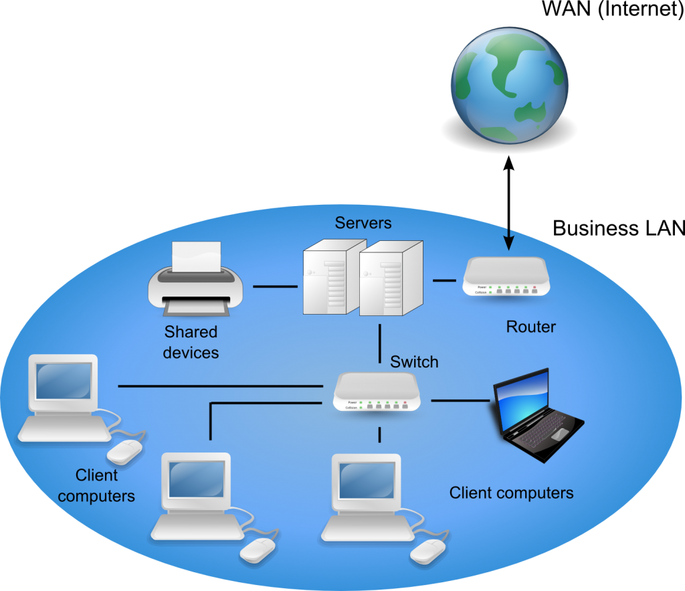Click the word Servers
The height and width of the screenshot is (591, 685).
(x=363, y=223)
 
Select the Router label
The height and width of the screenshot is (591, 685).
(x=530, y=327)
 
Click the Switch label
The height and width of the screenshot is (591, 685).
(x=414, y=362)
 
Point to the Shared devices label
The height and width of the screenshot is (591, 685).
(x=191, y=342)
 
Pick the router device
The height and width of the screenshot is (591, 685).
(x=508, y=276)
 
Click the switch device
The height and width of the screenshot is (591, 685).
(x=378, y=392)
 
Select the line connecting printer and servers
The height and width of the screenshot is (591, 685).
(x=275, y=287)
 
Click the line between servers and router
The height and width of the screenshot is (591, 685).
(x=444, y=280)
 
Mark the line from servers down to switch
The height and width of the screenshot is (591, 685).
(x=379, y=344)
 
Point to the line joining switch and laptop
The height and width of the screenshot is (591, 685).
(x=460, y=400)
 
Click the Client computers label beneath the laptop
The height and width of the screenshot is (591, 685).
(x=511, y=493)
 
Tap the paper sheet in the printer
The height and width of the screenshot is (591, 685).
(x=196, y=257)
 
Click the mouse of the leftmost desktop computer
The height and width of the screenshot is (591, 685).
(x=126, y=452)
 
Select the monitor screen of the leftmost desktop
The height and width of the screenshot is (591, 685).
(x=63, y=380)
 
